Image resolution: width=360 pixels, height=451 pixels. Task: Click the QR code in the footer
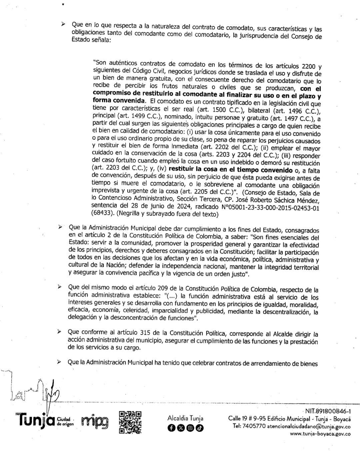pos(130,422)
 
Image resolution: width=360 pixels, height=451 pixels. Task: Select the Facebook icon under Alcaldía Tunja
pos(171,428)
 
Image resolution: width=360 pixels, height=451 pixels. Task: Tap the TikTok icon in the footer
pos(199,428)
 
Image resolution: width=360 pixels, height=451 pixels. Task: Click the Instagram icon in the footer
pos(190,428)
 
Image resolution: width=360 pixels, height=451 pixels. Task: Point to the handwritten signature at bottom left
pos(33,392)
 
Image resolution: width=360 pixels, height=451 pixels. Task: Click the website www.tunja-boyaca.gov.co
pos(320,434)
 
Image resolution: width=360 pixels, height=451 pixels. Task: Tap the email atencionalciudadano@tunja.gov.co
pos(308,426)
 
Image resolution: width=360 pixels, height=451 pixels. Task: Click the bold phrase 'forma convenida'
pos(119,100)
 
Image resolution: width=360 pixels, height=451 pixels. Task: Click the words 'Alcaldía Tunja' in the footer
pos(185,418)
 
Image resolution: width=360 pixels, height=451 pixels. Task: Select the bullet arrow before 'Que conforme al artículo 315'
pos(59,332)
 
